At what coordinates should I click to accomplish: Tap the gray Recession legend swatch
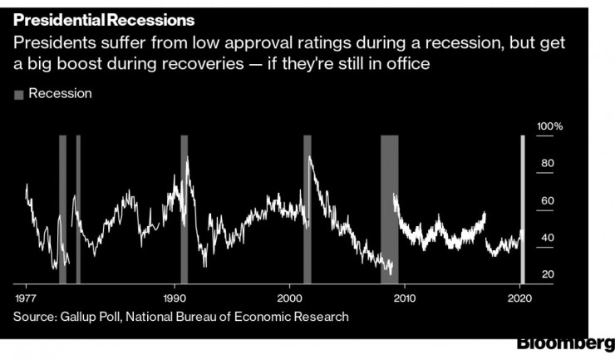click(18, 94)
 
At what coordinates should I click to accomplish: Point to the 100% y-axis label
click(550, 126)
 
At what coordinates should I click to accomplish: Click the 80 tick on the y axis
click(547, 164)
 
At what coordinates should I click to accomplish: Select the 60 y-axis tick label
click(547, 201)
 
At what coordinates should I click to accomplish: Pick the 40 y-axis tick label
click(547, 239)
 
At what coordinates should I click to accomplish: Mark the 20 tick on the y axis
click(547, 275)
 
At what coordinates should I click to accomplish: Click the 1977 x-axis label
click(26, 298)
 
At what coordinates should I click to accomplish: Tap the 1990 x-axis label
click(175, 298)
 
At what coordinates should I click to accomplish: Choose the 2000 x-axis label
click(289, 298)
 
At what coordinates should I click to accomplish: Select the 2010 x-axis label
click(404, 298)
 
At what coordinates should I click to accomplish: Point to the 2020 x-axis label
click(519, 298)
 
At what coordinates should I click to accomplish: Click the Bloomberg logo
click(566, 343)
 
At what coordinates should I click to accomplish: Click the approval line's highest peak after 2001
click(310, 157)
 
